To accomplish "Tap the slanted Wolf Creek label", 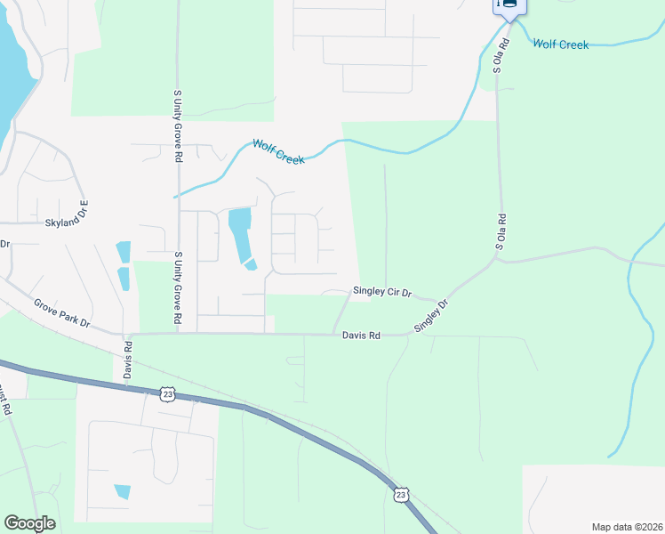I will (278, 151).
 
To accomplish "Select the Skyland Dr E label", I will (68, 223).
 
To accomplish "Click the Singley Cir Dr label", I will (382, 291).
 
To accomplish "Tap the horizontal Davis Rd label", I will (362, 336).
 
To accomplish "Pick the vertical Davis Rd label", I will (128, 358).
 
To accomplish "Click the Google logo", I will (29, 523).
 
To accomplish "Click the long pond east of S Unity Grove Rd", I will (240, 236).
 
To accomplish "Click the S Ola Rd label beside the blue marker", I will (504, 56).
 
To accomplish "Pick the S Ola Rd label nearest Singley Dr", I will (501, 231).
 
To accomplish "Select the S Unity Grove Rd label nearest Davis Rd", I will (178, 287).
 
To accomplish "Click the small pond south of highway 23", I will (122, 491).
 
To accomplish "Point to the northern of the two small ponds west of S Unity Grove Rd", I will (124, 252).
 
